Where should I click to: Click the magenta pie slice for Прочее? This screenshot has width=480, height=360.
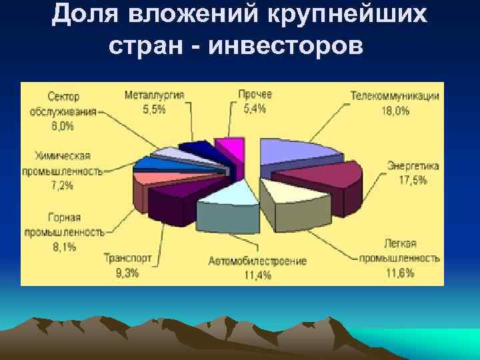tap(229, 151)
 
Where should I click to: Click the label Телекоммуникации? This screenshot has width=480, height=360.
tap(395, 95)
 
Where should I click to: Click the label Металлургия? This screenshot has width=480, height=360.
tap(154, 95)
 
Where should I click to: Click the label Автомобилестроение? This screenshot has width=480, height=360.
tap(257, 260)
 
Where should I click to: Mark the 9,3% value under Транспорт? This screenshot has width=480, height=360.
tap(127, 272)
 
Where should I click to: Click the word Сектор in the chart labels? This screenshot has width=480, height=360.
tap(64, 96)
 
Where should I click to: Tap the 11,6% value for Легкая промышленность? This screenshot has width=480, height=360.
tap(399, 272)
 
